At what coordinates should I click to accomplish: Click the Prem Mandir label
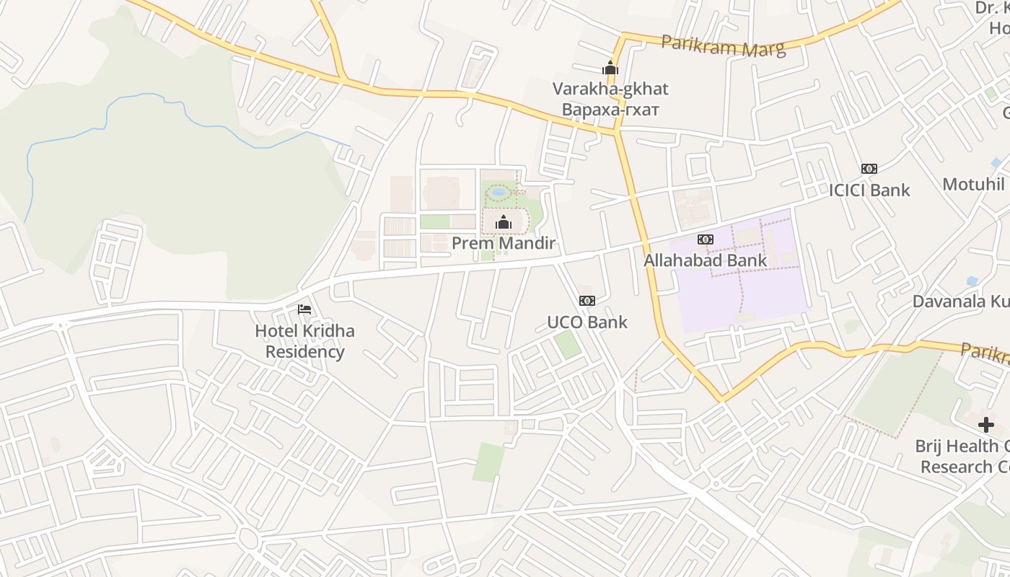click(x=504, y=243)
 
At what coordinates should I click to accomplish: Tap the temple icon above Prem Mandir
click(x=504, y=223)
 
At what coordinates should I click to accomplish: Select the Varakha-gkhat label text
click(x=610, y=89)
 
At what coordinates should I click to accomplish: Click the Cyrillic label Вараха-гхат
click(x=610, y=110)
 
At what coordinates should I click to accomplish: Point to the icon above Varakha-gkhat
click(x=610, y=69)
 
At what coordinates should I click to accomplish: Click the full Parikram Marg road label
click(x=723, y=46)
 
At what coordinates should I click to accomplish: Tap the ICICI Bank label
click(x=869, y=190)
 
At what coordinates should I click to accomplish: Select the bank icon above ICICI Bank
click(x=869, y=169)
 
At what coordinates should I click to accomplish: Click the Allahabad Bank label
click(x=705, y=260)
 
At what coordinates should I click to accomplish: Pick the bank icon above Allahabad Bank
click(x=705, y=239)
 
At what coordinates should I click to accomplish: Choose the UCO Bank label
click(x=587, y=322)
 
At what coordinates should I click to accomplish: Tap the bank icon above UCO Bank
click(x=587, y=301)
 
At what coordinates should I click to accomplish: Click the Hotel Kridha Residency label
click(x=304, y=341)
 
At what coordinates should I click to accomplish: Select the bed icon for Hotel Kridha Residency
click(x=304, y=309)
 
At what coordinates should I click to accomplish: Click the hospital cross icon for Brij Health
click(x=985, y=425)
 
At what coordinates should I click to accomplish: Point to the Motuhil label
click(x=974, y=184)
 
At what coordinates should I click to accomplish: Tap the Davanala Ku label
click(x=960, y=301)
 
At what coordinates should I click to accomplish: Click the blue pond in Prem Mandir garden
click(x=499, y=193)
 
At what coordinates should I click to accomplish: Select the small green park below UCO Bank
click(x=568, y=344)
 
